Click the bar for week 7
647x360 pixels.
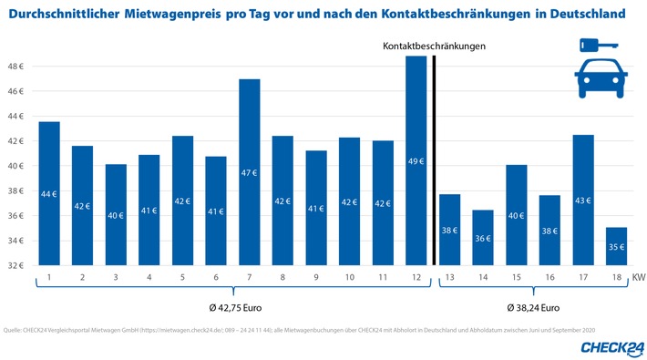249,173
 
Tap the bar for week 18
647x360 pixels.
615,246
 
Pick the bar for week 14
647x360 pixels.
482,238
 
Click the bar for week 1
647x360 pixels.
49,193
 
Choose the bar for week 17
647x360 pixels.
582,201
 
